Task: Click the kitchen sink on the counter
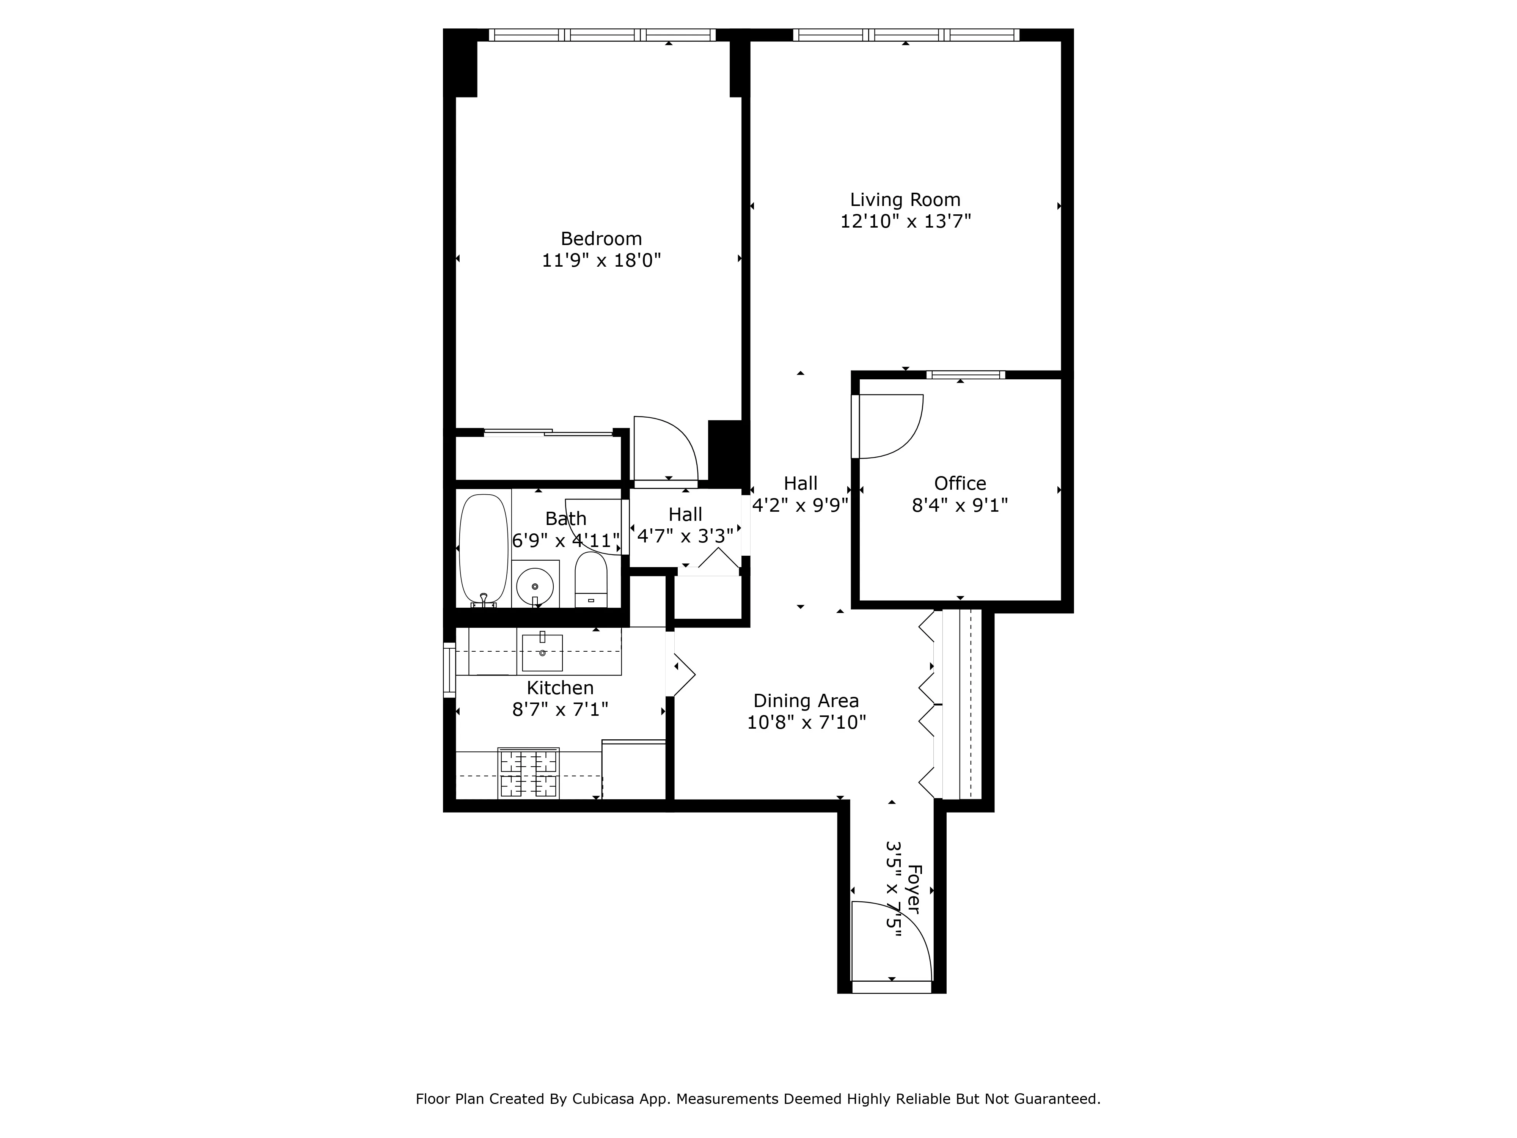(542, 652)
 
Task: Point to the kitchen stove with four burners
(528, 773)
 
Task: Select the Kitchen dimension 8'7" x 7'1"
(560, 709)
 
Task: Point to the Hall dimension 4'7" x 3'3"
(685, 536)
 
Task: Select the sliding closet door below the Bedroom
(549, 432)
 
